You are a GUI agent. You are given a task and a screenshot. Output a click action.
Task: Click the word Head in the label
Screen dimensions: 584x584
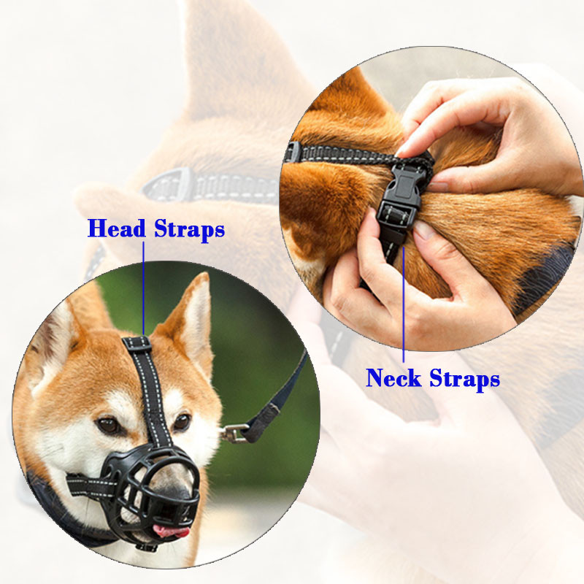pyautogui.click(x=116, y=228)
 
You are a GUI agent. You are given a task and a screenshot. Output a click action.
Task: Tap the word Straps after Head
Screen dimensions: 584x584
pyautogui.click(x=190, y=229)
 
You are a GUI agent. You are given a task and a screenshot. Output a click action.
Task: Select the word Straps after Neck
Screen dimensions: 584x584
pyautogui.click(x=464, y=379)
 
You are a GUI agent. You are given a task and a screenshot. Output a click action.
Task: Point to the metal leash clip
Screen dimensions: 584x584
pyautogui.click(x=234, y=433)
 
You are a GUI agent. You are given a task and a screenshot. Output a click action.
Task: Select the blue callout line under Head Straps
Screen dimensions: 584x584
pyautogui.click(x=143, y=288)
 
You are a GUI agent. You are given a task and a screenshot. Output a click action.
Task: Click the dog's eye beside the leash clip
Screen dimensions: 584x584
pyautogui.click(x=182, y=422)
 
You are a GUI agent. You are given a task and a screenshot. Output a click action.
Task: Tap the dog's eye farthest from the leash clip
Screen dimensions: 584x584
pyautogui.click(x=108, y=426)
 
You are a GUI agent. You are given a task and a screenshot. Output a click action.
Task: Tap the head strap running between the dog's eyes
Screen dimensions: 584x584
pyautogui.click(x=149, y=391)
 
